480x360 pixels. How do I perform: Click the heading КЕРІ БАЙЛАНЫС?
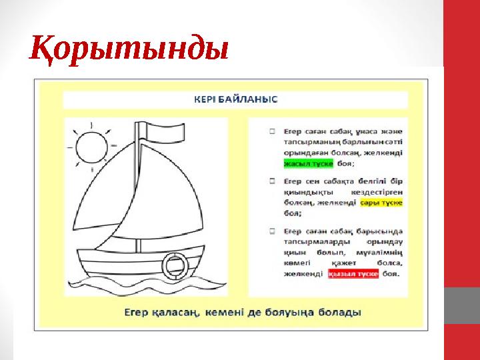pyautogui.click(x=235, y=99)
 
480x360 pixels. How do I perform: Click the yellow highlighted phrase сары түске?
pyautogui.click(x=381, y=202)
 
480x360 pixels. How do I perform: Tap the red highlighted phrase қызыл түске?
pyautogui.click(x=353, y=274)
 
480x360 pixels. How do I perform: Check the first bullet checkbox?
pyautogui.click(x=273, y=131)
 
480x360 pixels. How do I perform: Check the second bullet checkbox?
pyautogui.click(x=273, y=180)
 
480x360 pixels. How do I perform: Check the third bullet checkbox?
pyautogui.click(x=273, y=231)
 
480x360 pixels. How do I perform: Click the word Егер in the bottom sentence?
pyautogui.click(x=139, y=312)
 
